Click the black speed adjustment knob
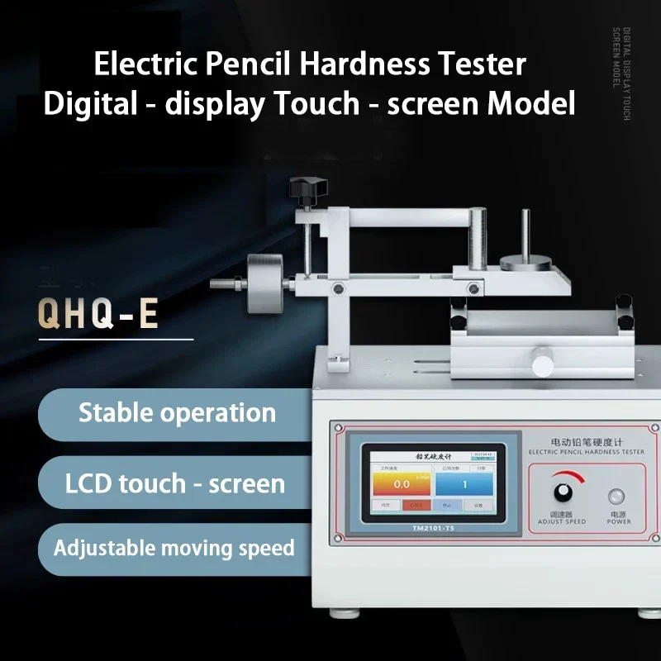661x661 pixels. pos(563,491)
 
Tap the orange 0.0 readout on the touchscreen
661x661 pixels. pos(402,483)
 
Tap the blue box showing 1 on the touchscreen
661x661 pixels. pos(464,483)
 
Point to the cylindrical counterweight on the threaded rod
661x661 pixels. pos(264,283)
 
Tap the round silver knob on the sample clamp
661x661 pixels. pos(542,364)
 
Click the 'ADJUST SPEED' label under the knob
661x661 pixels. pos(562,521)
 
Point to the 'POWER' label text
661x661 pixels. pos(619,521)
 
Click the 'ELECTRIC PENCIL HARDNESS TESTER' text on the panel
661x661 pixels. pos(585,451)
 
